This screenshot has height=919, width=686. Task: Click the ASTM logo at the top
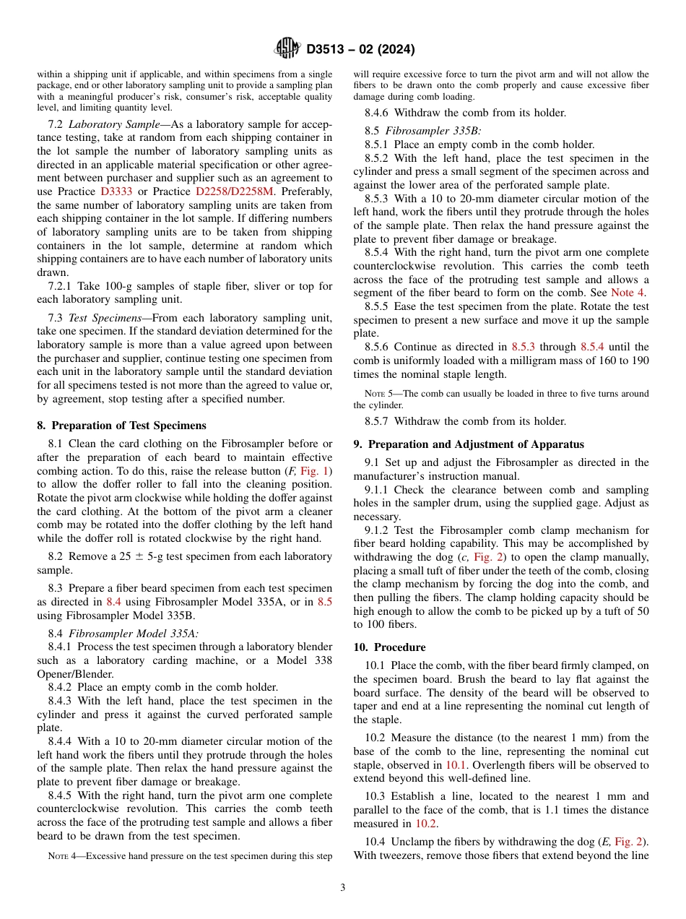(x=287, y=49)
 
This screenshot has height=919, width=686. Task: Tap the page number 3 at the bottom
(x=343, y=887)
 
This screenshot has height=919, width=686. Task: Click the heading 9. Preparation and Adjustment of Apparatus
(x=469, y=444)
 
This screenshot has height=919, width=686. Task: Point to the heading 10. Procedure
(x=389, y=647)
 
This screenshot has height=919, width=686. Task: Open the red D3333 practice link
(x=116, y=191)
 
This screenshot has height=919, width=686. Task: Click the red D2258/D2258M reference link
(x=235, y=191)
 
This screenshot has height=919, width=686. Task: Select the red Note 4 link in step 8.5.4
(x=628, y=293)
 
